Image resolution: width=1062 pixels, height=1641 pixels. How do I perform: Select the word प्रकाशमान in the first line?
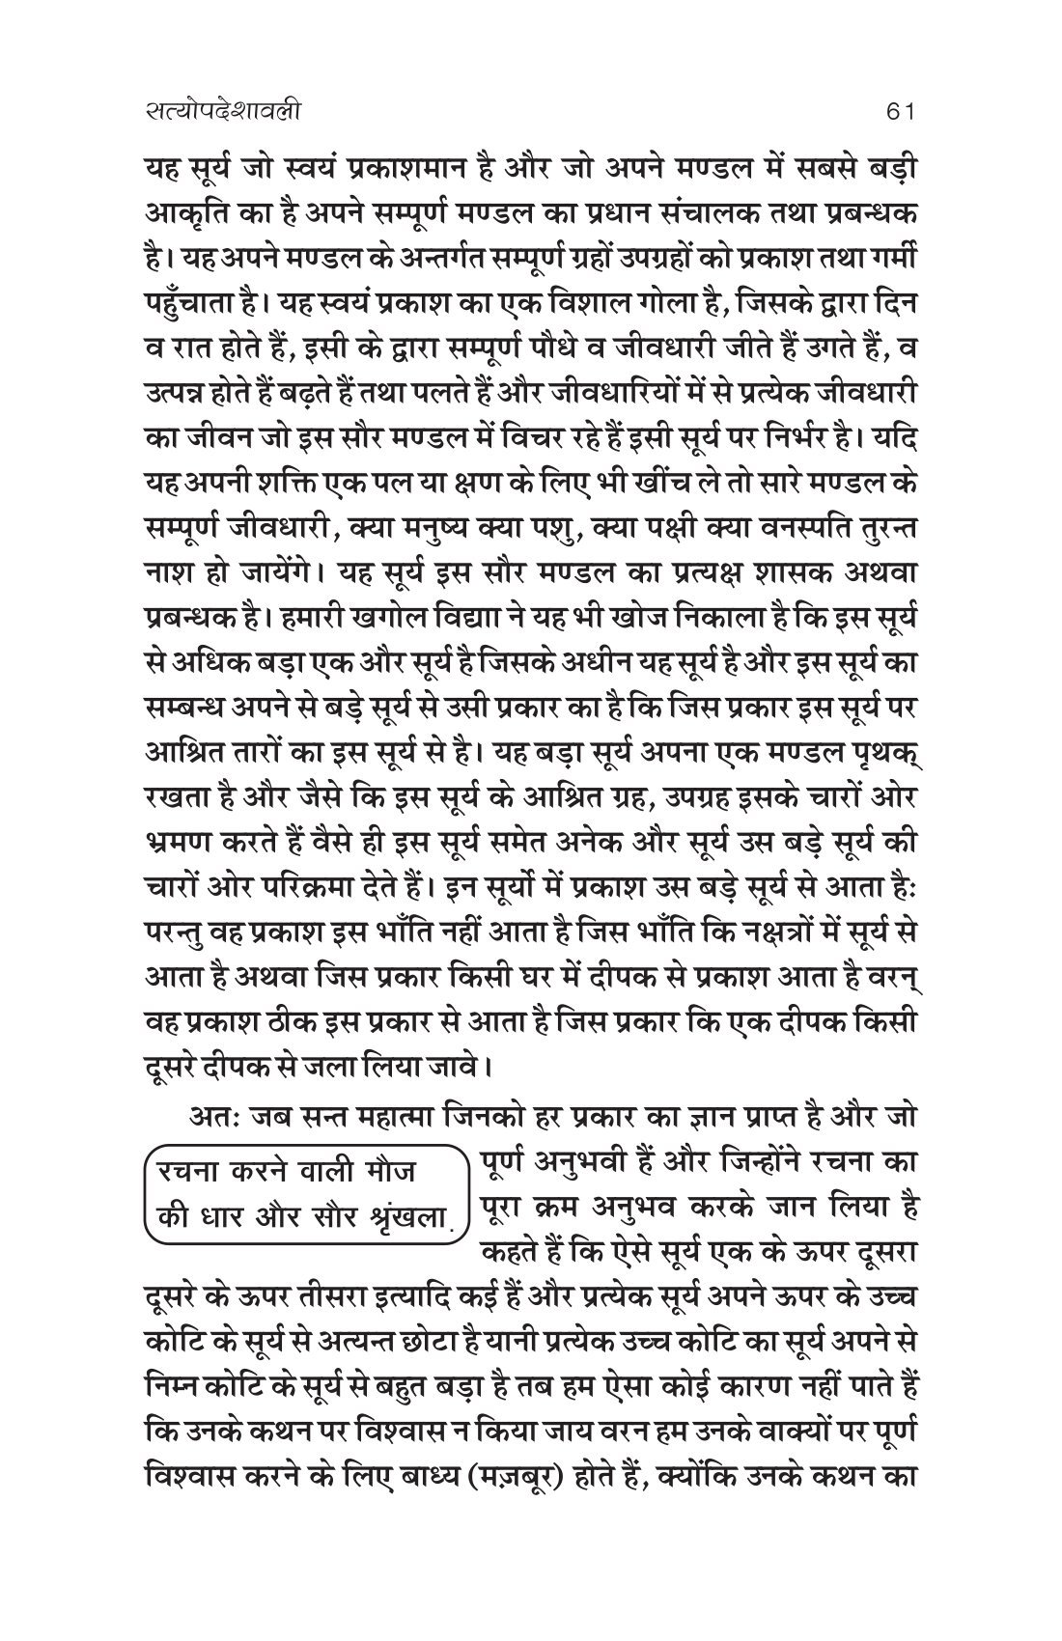[460, 170]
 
